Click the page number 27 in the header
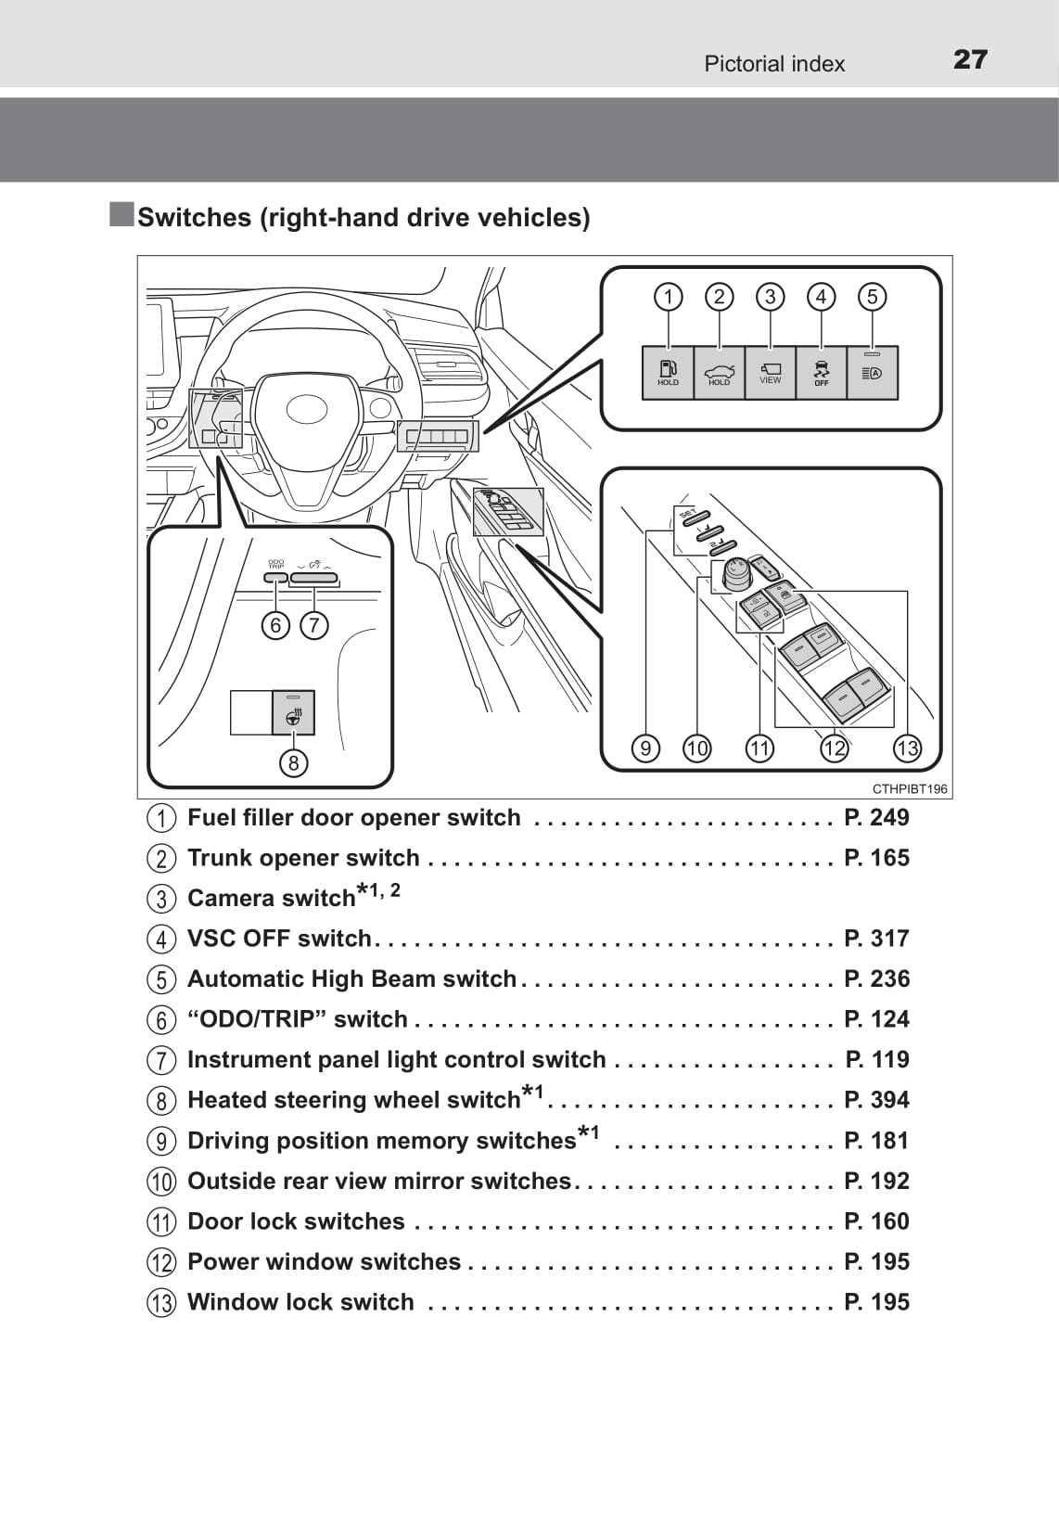(970, 60)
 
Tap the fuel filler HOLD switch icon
(668, 372)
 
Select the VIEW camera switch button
(770, 372)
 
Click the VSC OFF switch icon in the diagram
(821, 372)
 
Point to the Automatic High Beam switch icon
(872, 372)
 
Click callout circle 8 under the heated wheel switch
(293, 762)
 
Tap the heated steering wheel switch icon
(293, 713)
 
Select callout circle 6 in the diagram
(275, 625)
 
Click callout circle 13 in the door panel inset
(906, 748)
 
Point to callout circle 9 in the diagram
(644, 748)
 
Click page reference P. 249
(876, 817)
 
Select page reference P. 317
(876, 939)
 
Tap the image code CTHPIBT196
(910, 789)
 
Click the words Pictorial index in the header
(774, 64)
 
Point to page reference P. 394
(876, 1100)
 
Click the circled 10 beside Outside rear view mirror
(160, 1182)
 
